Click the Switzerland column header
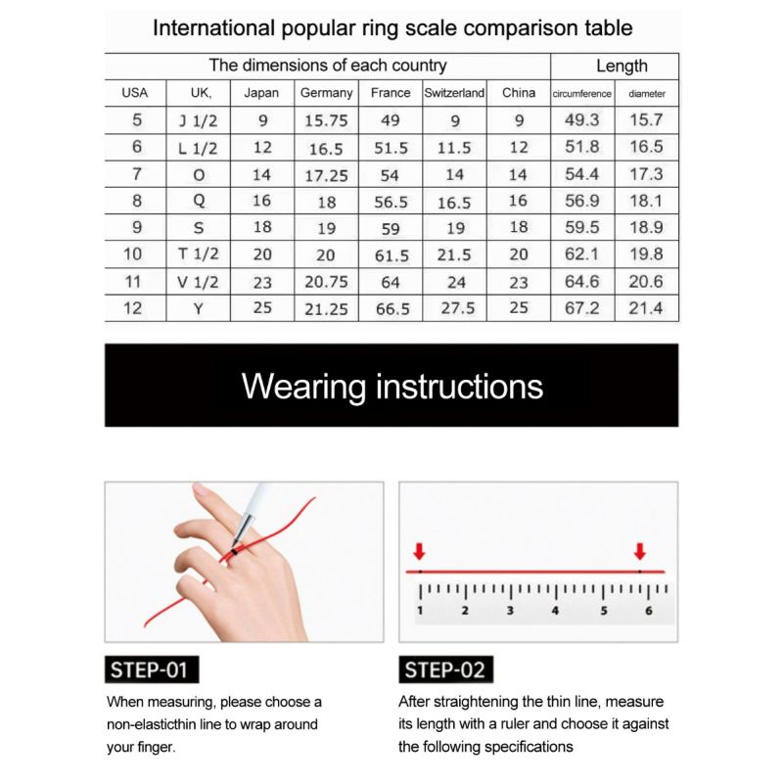(454, 93)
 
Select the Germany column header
(327, 93)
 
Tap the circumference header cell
(582, 94)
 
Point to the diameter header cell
(646, 94)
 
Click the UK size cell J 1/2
(199, 121)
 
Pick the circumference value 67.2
(582, 308)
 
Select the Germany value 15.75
(327, 121)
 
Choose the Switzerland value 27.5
(454, 308)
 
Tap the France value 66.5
(391, 308)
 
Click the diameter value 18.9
(646, 228)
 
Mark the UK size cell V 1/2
(199, 282)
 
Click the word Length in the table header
(622, 66)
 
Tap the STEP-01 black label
(149, 670)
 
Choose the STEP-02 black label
(444, 670)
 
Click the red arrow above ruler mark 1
(420, 551)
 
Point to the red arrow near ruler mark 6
(640, 551)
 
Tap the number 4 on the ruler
(555, 611)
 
